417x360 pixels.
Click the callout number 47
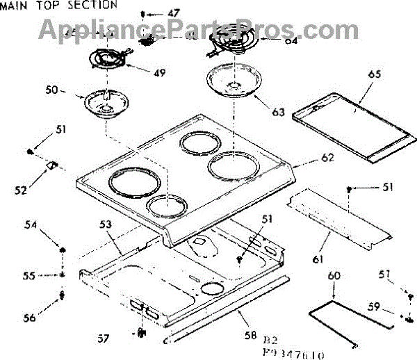pyautogui.click(x=173, y=13)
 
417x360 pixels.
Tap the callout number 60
pyautogui.click(x=334, y=277)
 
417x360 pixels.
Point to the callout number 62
pyautogui.click(x=327, y=158)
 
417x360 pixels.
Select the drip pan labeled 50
pyautogui.click(x=104, y=104)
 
